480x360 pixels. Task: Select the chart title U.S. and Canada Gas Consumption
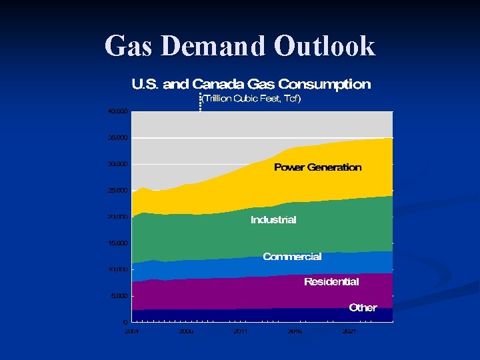point(251,84)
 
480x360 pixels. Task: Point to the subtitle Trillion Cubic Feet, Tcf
point(251,99)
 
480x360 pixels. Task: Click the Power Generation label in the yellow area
point(317,167)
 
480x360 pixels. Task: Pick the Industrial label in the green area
point(273,220)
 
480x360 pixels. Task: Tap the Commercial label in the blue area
point(292,257)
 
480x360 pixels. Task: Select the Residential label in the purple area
point(331,282)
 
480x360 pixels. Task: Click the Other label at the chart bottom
point(363,308)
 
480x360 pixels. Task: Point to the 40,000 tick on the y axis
point(117,111)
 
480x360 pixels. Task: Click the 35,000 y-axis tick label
point(117,138)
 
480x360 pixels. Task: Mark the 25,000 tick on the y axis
point(117,191)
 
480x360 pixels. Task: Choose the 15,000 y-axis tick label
point(117,243)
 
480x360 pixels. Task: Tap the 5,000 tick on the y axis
point(119,296)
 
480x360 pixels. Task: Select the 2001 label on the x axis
point(132,331)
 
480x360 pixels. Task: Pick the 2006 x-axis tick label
point(186,331)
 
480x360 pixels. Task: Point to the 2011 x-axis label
point(240,331)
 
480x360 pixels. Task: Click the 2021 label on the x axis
point(349,331)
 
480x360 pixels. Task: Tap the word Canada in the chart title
point(218,84)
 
